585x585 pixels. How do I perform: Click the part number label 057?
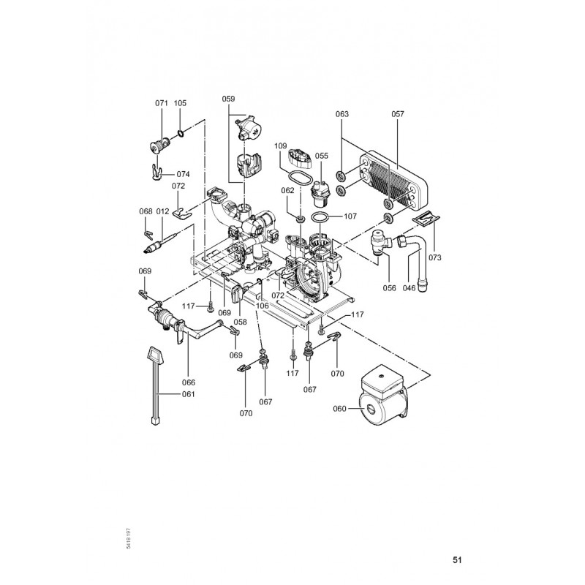tap(398, 114)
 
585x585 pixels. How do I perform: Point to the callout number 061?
tap(189, 394)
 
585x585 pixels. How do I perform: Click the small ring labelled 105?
tap(180, 133)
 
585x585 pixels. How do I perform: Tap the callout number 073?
tap(434, 257)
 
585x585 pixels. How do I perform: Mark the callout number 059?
tap(228, 99)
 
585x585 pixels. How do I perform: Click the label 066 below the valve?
tap(189, 382)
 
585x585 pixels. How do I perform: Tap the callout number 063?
tap(342, 114)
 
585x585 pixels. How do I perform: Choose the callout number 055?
tap(322, 156)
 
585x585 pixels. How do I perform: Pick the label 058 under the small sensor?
tap(241, 322)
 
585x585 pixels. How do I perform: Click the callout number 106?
tap(263, 306)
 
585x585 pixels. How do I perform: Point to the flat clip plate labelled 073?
tap(426, 219)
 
